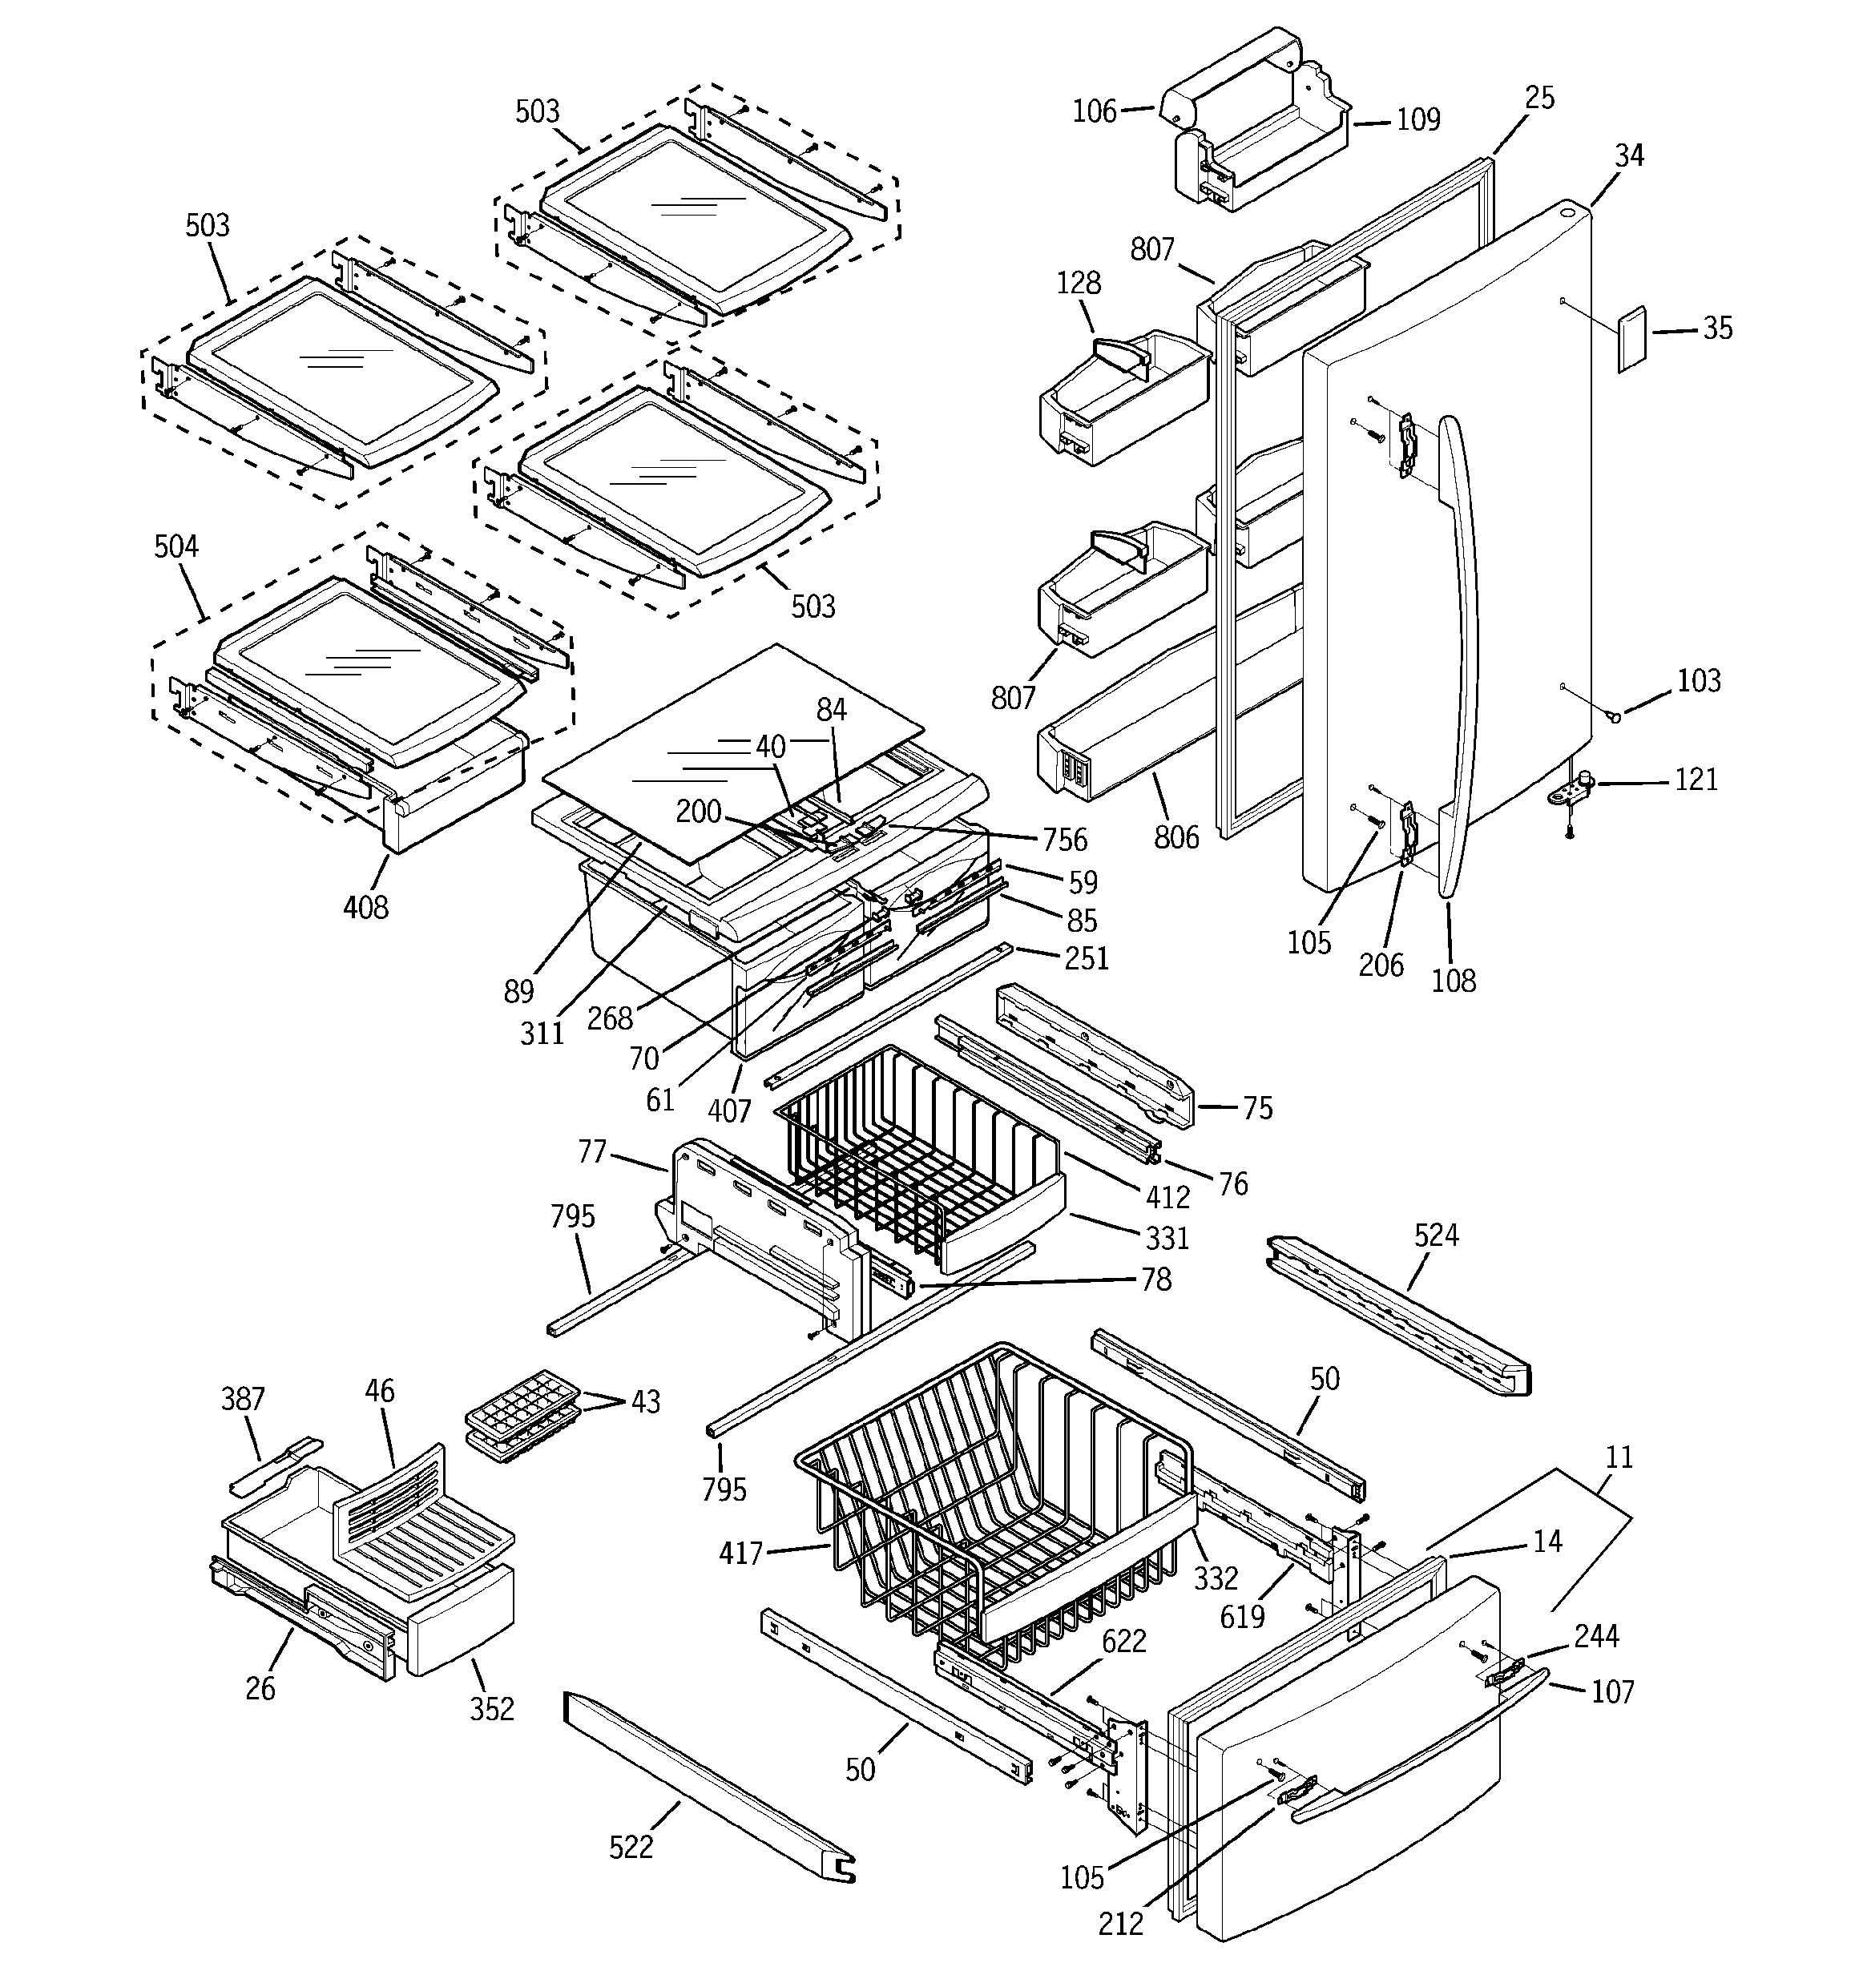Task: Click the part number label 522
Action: (x=631, y=1848)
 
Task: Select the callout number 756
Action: (x=1065, y=840)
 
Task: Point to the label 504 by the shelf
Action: (x=176, y=546)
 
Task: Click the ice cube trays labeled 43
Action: (x=521, y=1414)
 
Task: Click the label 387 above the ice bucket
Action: (x=243, y=1400)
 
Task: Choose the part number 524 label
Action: (x=1436, y=1236)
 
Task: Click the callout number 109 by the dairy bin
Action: (x=1418, y=119)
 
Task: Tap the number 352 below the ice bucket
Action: (x=492, y=1709)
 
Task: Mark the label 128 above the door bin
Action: (x=1079, y=284)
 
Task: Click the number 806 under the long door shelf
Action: (x=1176, y=837)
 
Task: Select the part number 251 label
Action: (x=1087, y=957)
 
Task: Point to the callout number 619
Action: (x=1242, y=1617)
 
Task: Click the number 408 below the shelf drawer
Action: (x=366, y=907)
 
